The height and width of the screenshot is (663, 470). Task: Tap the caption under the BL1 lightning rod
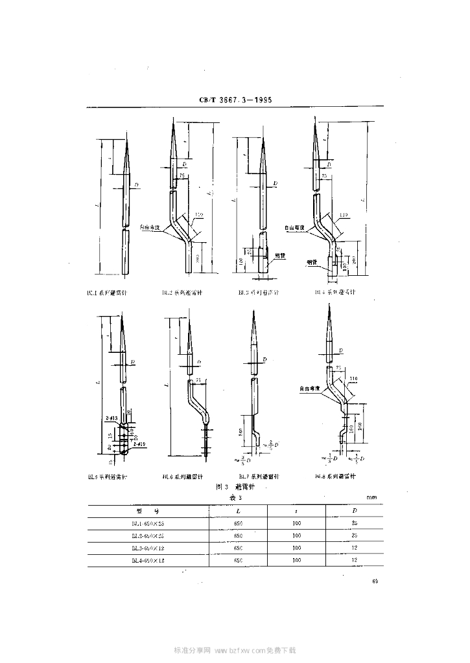coord(107,293)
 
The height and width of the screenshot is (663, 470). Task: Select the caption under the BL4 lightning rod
coord(332,293)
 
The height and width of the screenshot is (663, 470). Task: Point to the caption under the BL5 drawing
coord(107,477)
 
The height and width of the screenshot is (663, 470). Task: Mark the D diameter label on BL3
coord(276,184)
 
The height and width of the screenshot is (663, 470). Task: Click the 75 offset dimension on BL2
coord(182,175)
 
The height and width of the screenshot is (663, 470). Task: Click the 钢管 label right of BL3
coord(280,254)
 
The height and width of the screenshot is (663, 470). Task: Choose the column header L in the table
coord(238,510)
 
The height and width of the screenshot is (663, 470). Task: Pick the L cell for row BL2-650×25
coord(238,535)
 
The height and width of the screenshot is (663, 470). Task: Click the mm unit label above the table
coord(371,497)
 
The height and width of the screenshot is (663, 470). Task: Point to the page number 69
coord(375,581)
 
